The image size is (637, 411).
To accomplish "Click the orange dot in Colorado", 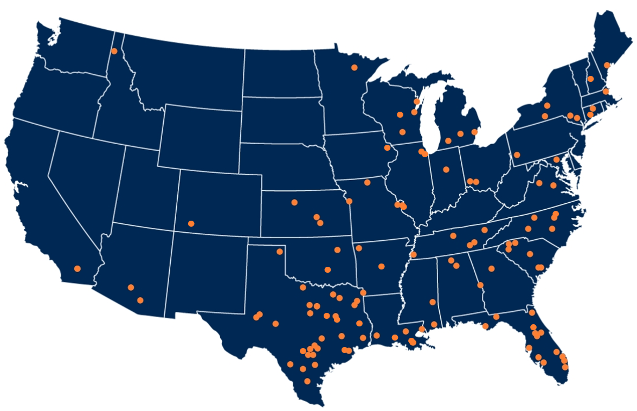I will coord(191,223).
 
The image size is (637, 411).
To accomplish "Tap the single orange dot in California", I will coord(78,268).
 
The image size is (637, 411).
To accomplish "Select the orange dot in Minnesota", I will coord(354,67).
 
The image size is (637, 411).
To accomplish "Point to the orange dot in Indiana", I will coord(446,169).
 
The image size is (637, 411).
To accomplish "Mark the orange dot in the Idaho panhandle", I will coord(114,51).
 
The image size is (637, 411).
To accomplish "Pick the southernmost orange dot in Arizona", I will coord(140,300).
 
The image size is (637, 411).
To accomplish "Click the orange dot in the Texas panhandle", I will coord(280,251).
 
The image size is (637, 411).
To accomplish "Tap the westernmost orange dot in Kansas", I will coord(294,202).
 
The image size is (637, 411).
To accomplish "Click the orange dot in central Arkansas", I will coord(382,266).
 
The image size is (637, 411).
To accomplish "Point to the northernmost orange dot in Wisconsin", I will coord(416,101).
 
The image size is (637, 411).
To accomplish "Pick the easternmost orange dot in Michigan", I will coord(474,132).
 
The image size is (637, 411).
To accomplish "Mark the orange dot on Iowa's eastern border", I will coord(387,147).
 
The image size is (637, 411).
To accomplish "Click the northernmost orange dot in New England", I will coord(607,65).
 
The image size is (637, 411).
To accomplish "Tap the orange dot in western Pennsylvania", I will coord(517,155).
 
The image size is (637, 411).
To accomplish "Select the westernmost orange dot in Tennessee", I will coord(414,254).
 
